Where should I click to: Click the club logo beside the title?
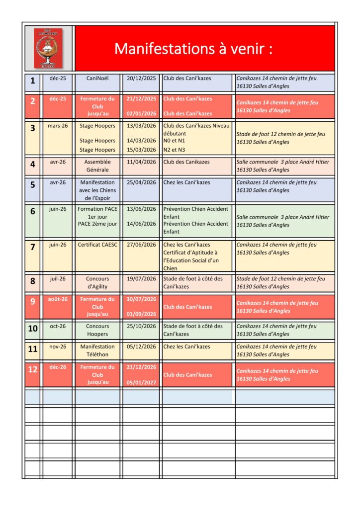[48, 48]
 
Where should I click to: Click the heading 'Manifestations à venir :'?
[193, 49]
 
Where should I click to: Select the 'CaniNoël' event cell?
[97, 79]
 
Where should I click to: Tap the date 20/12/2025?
[141, 79]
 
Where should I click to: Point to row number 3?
[33, 128]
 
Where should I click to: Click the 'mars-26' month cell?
[58, 126]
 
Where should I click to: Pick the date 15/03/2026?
[141, 150]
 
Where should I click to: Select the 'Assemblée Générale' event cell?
[97, 166]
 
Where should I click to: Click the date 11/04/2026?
[141, 162]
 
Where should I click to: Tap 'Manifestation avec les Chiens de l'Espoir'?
[97, 190]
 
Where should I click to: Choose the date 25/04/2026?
[141, 182]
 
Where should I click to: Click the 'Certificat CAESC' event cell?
[97, 245]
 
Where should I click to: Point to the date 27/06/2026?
[141, 245]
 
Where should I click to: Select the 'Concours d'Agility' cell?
[97, 282]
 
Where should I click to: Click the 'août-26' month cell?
[58, 299]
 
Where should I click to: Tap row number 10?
[33, 329]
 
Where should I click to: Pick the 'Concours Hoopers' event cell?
[97, 330]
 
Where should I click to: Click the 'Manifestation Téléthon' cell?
[97, 350]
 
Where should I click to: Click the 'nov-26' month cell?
[58, 346]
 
